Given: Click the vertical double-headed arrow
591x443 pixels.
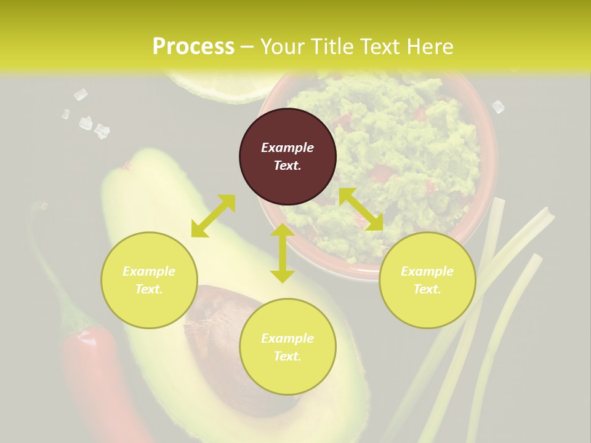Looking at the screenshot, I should click(x=282, y=253).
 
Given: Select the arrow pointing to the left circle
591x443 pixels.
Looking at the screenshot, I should click(x=213, y=216).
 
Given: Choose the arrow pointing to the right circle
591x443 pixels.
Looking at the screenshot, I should click(x=361, y=209).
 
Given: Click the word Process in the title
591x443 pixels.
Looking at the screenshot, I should click(x=193, y=46).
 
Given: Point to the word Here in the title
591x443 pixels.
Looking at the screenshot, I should click(x=430, y=46).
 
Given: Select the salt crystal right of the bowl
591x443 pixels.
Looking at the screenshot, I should click(x=498, y=107).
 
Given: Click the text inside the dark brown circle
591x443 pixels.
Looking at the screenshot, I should click(x=287, y=156).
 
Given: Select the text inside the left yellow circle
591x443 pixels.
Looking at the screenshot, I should click(x=149, y=280).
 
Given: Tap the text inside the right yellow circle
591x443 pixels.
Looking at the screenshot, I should click(x=427, y=280).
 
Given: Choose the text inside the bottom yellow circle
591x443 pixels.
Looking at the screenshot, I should click(x=287, y=347).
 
